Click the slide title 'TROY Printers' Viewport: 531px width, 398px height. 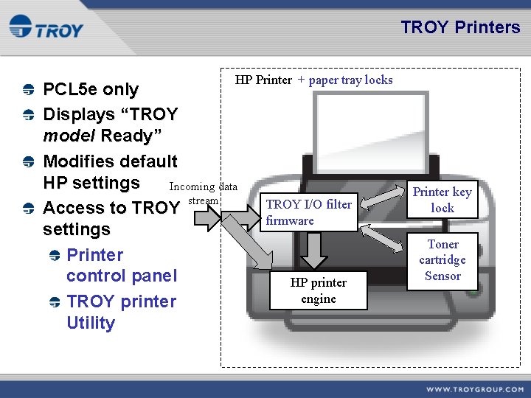[460, 27]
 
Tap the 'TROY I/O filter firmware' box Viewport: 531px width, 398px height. [309, 212]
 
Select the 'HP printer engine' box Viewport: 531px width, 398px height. [318, 290]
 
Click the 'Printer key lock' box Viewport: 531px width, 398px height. [442, 200]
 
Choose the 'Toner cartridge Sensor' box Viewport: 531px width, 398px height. [442, 260]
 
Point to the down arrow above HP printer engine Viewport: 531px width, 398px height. [315, 251]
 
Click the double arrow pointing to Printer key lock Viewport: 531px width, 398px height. [384, 198]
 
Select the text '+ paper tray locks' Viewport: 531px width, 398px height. [345, 80]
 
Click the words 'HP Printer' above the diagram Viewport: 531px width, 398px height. [263, 80]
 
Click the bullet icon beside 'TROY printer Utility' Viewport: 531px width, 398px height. [53, 302]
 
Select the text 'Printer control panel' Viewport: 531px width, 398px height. [122, 265]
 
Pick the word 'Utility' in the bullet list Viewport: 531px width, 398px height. [91, 323]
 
